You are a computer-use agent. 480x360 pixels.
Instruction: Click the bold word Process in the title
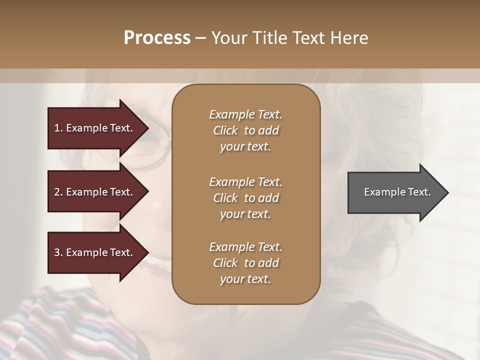click(x=157, y=38)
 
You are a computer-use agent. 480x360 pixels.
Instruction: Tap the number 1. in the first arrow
click(x=58, y=128)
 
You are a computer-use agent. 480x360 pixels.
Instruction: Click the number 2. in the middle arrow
click(x=58, y=192)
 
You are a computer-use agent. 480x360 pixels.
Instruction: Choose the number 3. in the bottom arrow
click(x=58, y=252)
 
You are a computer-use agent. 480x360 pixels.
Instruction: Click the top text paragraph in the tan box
click(x=245, y=130)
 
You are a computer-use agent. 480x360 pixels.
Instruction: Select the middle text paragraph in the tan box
click(x=245, y=198)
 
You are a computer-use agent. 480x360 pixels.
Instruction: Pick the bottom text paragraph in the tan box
click(x=245, y=263)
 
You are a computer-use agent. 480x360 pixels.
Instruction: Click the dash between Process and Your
click(x=201, y=38)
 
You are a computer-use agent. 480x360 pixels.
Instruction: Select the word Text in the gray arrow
click(x=419, y=192)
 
